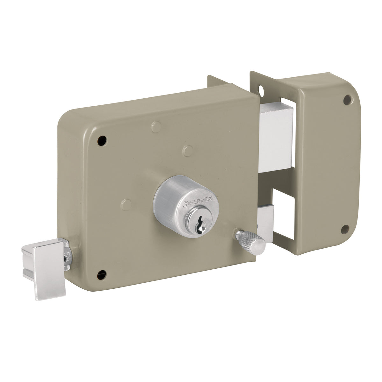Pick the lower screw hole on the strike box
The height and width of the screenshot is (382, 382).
click(x=345, y=228)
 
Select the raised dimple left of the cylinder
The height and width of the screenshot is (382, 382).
click(x=126, y=203)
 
